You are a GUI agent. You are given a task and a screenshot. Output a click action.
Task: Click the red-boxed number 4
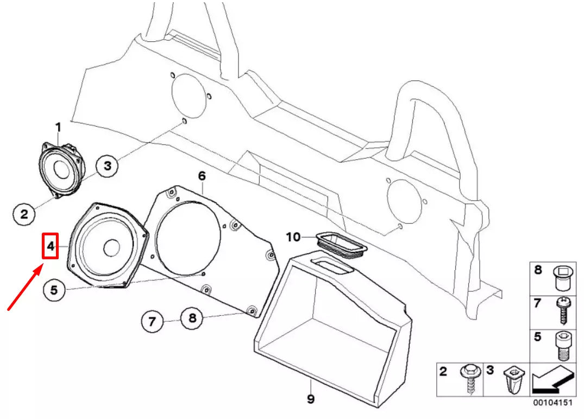click(50, 246)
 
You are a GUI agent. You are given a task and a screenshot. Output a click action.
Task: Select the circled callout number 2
click(24, 214)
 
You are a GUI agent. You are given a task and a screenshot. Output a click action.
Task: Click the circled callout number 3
click(108, 166)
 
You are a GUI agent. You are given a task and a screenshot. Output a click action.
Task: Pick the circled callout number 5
click(54, 290)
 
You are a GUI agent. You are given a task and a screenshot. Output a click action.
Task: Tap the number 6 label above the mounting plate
click(202, 176)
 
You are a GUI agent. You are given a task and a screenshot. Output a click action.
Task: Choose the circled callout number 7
click(152, 322)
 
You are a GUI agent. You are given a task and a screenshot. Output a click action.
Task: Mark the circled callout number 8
click(192, 318)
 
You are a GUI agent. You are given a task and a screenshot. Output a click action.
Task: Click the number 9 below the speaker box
click(310, 399)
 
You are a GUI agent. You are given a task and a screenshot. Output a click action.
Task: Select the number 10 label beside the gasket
click(293, 237)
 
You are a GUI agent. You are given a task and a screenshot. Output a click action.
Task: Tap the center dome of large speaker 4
click(112, 248)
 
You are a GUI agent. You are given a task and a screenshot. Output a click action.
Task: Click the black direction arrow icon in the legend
click(552, 381)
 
